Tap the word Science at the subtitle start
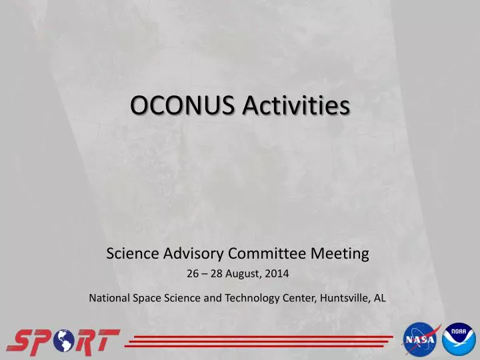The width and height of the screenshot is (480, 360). [x=129, y=253]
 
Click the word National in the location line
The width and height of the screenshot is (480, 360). [x=109, y=298]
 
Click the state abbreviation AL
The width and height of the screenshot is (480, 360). [x=379, y=298]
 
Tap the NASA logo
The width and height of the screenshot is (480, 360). [x=419, y=341]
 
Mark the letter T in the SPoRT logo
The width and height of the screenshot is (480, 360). [x=105, y=341]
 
